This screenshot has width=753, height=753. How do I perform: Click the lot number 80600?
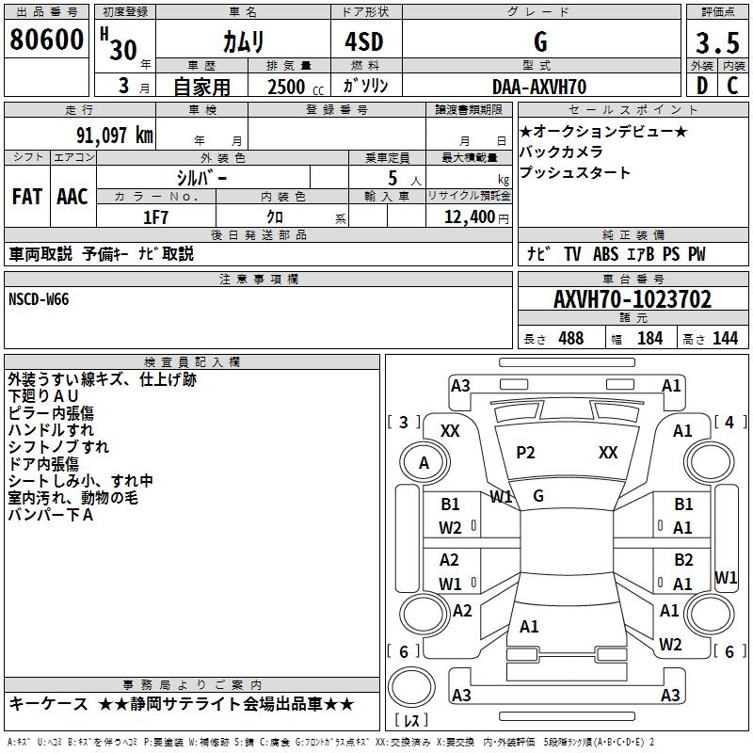point(46,40)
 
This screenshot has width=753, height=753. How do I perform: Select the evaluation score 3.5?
point(716,43)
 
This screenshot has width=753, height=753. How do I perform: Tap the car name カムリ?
point(243,41)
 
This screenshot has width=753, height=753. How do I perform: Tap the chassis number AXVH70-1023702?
point(633,299)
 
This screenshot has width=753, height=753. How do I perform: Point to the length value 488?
point(569,339)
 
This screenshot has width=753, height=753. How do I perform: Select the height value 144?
point(725,339)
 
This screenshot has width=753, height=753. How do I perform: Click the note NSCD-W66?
point(39,298)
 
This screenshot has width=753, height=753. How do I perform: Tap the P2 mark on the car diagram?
point(525,453)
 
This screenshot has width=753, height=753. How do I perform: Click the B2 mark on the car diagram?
point(683,560)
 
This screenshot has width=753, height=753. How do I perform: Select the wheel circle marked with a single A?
point(424,463)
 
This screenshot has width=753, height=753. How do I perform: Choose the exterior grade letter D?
point(701,87)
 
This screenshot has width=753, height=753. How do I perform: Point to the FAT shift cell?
point(26,196)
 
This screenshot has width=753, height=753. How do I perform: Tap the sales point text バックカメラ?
point(561,152)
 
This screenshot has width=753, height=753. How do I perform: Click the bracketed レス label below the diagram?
point(411,721)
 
